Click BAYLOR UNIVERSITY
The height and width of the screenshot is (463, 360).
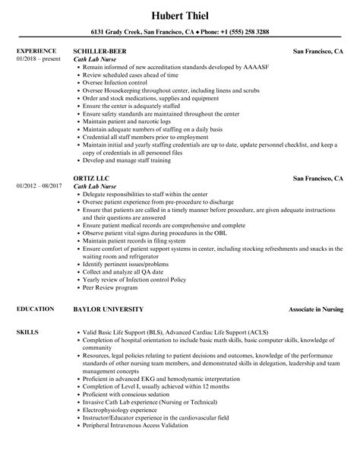110,289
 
